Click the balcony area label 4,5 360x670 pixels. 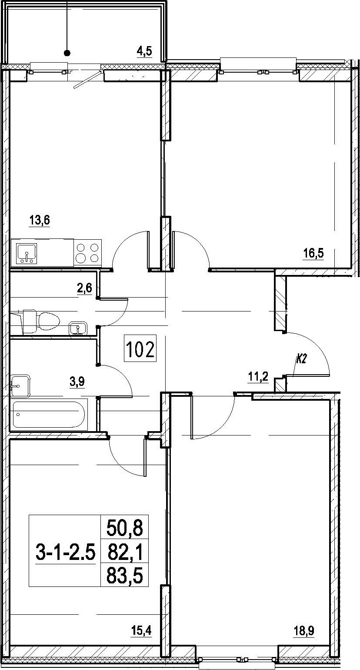coord(144,51)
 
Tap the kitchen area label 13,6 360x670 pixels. coord(39,221)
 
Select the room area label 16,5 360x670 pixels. coord(313,254)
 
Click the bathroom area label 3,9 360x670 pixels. coord(77,382)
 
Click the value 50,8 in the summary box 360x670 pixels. coord(125,529)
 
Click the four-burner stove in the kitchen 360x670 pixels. coord(87,253)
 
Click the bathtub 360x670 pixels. coord(49,414)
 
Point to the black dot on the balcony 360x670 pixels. coord(68,53)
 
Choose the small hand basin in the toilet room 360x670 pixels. coord(78,328)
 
